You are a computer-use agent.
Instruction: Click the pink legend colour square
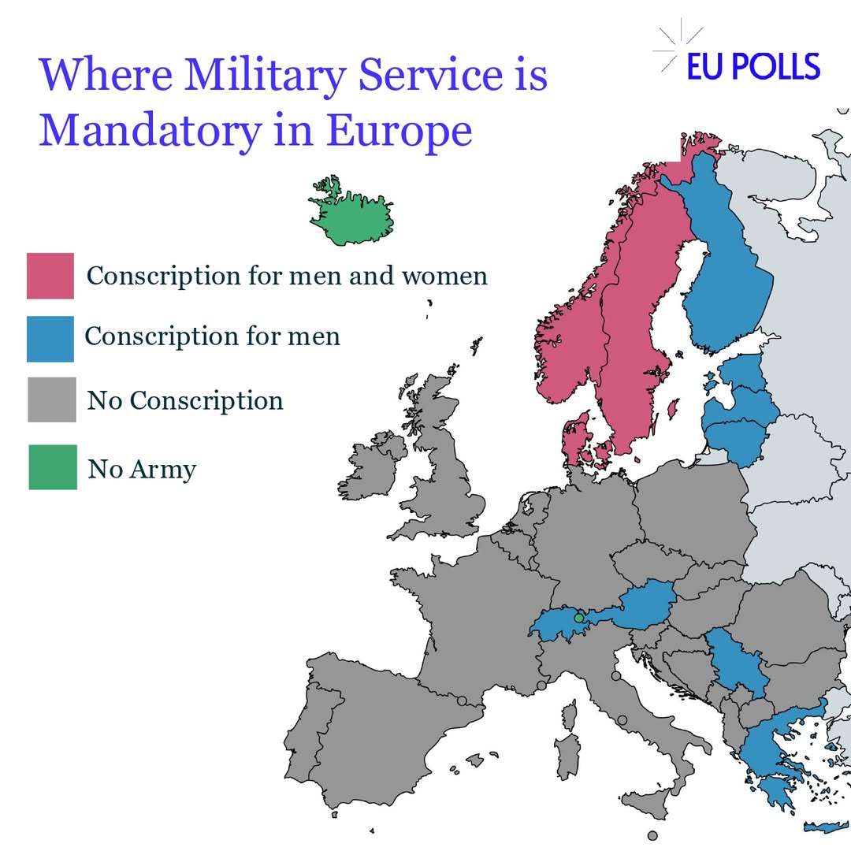click(x=50, y=276)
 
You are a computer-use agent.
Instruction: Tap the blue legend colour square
click(x=50, y=339)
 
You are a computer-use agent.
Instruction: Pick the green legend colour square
click(x=53, y=467)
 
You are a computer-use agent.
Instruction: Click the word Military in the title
click(x=266, y=76)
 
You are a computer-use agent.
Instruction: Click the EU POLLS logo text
click(x=753, y=66)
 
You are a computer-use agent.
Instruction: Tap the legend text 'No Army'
click(x=142, y=469)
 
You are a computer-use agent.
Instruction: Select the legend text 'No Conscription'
click(x=185, y=400)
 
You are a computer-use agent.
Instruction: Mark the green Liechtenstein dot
click(x=578, y=619)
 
